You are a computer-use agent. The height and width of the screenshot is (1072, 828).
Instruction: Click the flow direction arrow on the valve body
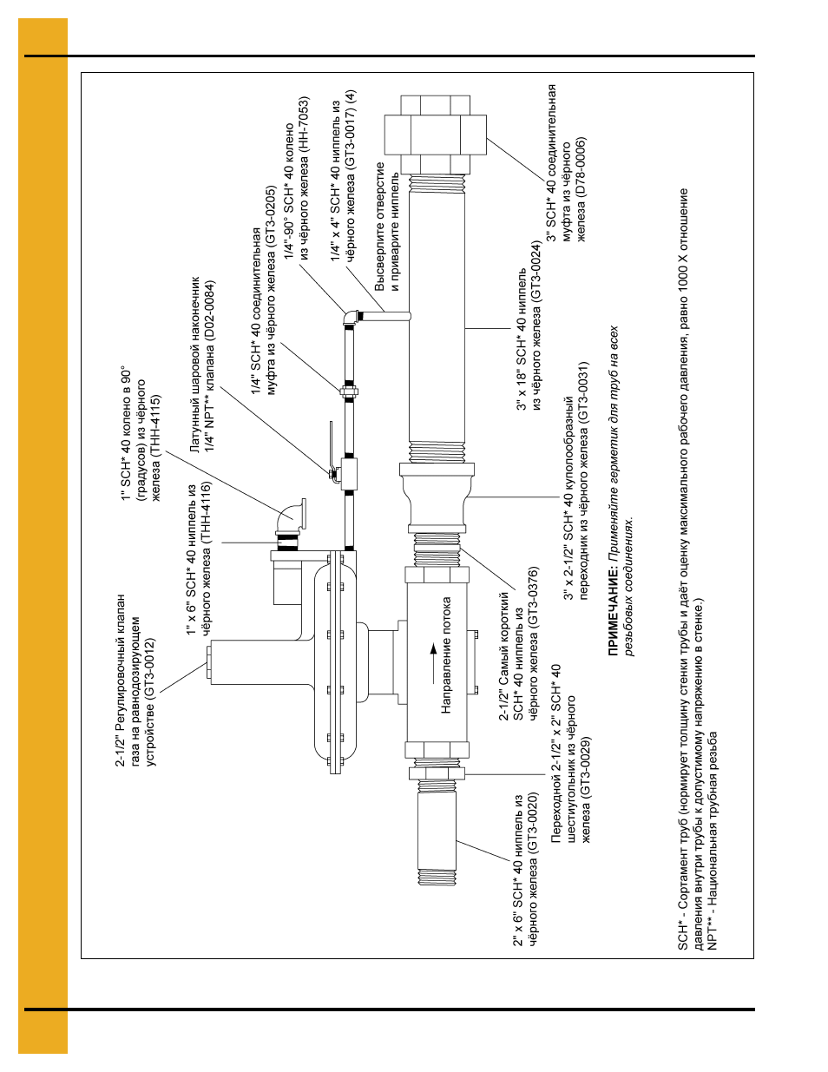433,663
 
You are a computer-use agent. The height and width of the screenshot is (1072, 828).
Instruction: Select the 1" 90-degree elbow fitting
292,515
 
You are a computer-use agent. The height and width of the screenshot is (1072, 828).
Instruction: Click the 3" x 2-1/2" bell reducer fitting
437,497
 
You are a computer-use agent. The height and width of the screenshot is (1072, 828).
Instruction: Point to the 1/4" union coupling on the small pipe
349,392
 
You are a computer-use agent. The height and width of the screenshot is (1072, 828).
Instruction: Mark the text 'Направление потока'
446,655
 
